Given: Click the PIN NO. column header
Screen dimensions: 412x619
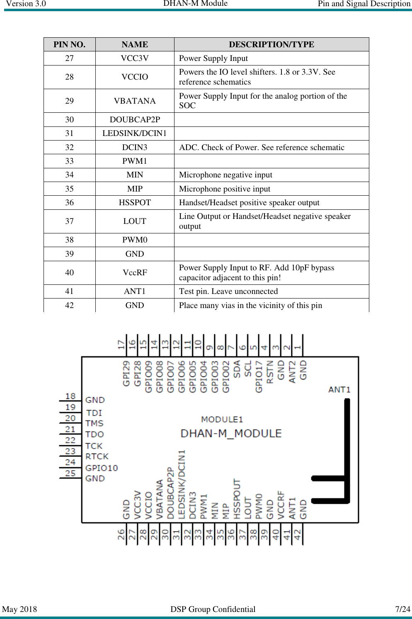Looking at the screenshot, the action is tap(69, 44).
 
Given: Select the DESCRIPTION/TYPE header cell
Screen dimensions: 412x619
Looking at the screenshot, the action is tap(271, 44).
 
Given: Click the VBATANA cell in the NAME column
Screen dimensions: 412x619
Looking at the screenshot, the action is tap(135, 101).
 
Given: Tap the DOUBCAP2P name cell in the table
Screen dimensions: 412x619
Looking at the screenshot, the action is tap(135, 119).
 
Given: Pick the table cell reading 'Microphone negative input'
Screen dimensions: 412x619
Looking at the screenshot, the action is tap(225, 175).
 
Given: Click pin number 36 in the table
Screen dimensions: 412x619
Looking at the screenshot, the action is tap(69, 203).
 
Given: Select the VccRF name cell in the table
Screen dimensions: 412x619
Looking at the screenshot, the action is tap(135, 272).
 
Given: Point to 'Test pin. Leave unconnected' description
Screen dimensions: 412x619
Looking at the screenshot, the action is tap(228, 291).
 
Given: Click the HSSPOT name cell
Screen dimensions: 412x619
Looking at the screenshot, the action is tap(135, 203).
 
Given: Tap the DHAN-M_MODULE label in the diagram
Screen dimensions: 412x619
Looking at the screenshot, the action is tap(231, 434).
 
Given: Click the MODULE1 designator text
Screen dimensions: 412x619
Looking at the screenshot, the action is tap(222, 420).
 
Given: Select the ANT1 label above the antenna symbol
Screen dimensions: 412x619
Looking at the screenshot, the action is tap(339, 390).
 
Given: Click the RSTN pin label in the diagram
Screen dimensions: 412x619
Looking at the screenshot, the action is tap(270, 372).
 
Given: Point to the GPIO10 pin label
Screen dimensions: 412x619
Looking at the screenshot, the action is tap(102, 468).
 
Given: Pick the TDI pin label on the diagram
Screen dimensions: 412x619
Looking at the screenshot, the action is tap(94, 413).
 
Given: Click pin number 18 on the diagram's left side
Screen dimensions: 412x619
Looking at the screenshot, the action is tap(70, 396).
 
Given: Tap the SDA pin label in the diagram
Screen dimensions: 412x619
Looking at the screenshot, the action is tap(237, 369).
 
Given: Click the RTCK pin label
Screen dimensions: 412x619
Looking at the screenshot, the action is tap(97, 456).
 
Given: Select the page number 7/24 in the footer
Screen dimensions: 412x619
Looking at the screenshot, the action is tap(402, 609).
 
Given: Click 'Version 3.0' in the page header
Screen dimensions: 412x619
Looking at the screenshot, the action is tap(26, 4).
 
